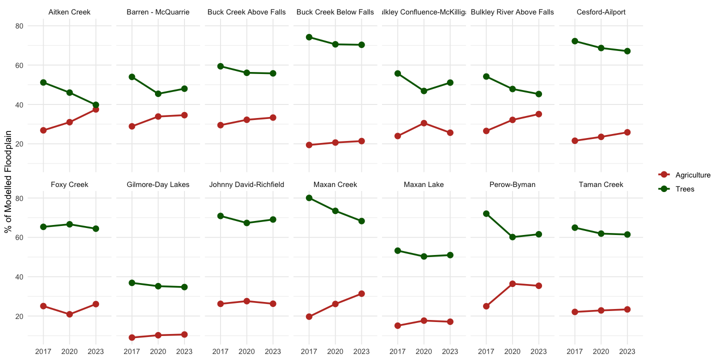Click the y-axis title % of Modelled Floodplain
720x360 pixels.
coord(8,182)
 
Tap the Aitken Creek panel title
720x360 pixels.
coord(69,12)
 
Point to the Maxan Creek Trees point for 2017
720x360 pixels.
coord(309,198)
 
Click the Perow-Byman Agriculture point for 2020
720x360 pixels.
coord(512,284)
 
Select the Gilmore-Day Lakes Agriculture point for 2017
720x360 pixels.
coord(132,337)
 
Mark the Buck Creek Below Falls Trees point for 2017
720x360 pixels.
coord(309,37)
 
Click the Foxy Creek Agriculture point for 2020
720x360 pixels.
coord(69,314)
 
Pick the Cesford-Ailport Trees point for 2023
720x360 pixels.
coord(627,51)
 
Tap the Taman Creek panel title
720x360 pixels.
coord(601,184)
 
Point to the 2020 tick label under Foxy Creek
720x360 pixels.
coord(69,351)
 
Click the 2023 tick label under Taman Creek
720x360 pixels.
coord(627,351)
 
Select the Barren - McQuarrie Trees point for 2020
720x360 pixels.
coord(158,93)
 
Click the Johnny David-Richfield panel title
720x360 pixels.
coord(246,184)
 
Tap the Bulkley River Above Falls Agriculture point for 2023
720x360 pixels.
coord(538,114)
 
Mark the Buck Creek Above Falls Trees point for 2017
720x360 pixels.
coord(220,66)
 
